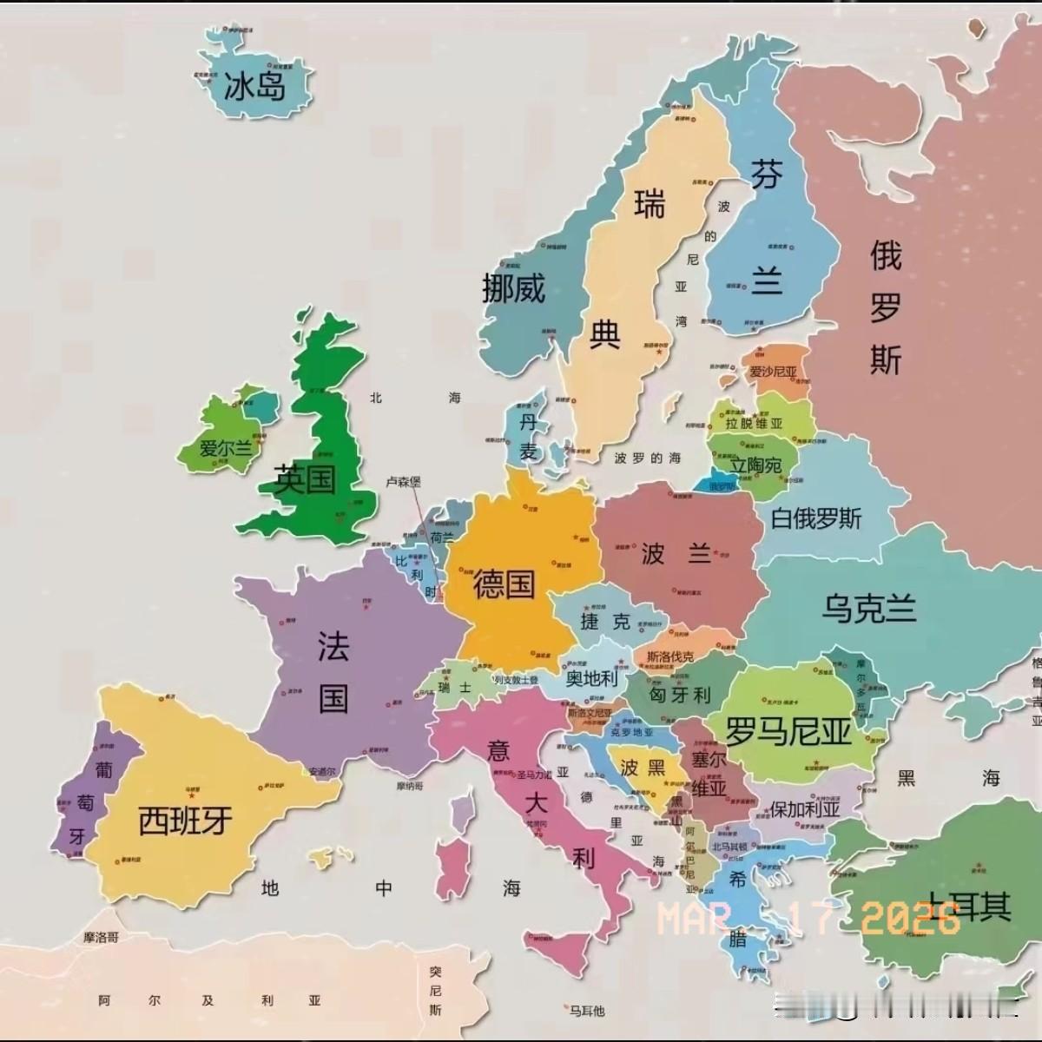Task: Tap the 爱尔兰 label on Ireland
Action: [x=226, y=449]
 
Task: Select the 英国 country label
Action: [x=305, y=478]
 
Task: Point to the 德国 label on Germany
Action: [x=504, y=584]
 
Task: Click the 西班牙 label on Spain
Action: [x=186, y=819]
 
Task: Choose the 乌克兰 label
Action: [x=869, y=608]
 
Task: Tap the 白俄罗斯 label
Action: [x=816, y=518]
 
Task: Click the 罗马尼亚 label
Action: [x=788, y=732]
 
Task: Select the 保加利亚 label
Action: [x=806, y=808]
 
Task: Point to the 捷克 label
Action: [x=605, y=621]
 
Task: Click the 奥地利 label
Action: [x=591, y=678]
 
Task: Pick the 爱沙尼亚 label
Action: [x=773, y=372]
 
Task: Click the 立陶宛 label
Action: [x=755, y=465]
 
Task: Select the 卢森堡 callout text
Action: [x=403, y=482]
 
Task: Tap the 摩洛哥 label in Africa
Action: [x=101, y=937]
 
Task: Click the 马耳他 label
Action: [x=587, y=1010]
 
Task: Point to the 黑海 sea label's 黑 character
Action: [x=907, y=777]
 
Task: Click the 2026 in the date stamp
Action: [x=911, y=918]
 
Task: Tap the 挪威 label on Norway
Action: [x=514, y=287]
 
